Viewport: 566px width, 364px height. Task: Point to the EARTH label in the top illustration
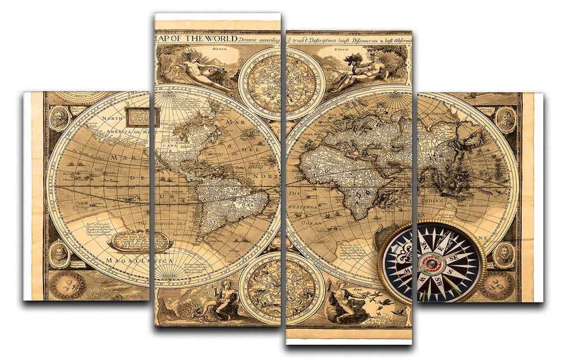point(341,49)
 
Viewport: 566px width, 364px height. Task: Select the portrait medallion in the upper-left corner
point(58,118)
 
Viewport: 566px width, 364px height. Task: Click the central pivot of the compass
point(432,263)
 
